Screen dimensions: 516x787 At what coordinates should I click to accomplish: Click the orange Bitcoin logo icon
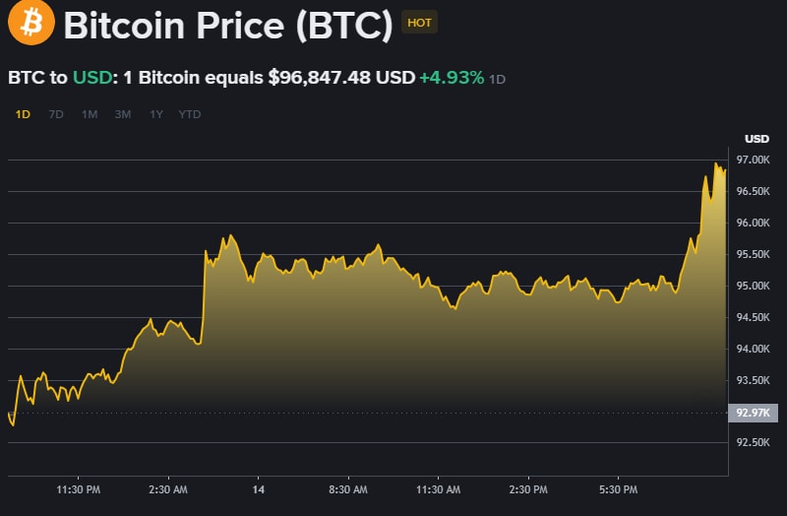31,24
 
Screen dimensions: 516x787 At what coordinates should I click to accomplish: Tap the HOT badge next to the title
420,22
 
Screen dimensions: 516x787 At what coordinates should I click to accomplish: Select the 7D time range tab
56,114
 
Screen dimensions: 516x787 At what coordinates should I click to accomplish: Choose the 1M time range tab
90,114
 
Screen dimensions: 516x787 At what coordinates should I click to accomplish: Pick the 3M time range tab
122,114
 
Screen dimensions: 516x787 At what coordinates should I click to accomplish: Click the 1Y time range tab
155,114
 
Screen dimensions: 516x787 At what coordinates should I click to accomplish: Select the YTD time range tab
190,114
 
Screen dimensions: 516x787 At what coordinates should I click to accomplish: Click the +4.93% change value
452,78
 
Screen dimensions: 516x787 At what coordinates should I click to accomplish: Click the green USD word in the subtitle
91,78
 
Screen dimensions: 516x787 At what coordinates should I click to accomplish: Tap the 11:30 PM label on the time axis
78,489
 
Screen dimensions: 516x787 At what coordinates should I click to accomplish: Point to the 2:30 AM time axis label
167,489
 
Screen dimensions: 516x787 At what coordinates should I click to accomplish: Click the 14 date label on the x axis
259,489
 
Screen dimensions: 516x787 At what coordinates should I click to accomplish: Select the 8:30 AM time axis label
347,489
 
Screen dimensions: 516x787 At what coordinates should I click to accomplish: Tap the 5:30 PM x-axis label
618,489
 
